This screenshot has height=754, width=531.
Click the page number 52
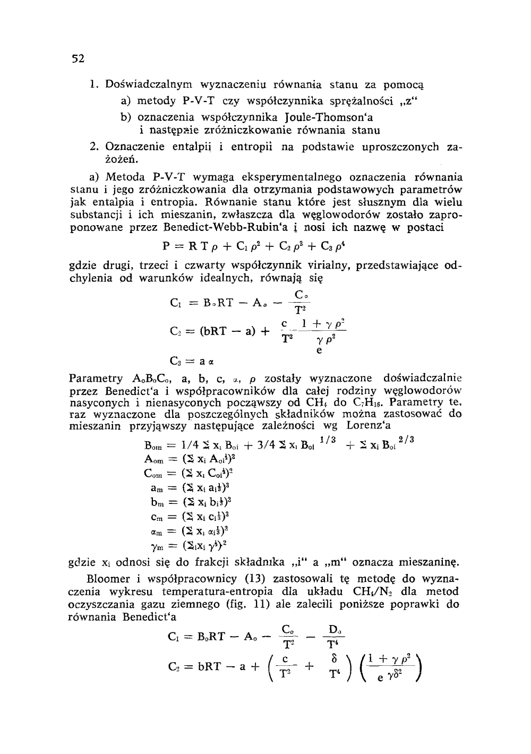(x=79, y=58)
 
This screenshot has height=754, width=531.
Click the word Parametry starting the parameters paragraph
(x=96, y=379)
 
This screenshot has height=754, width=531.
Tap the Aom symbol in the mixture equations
(x=153, y=458)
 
